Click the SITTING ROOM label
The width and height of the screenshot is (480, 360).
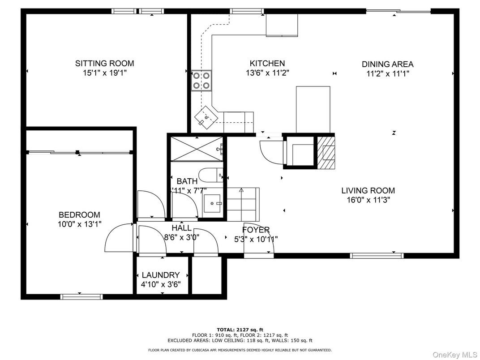(x=104, y=64)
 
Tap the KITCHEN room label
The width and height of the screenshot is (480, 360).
(x=267, y=64)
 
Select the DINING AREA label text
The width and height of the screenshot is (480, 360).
(x=387, y=64)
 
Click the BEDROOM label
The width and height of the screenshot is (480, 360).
(x=79, y=215)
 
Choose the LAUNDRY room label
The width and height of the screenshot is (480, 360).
(x=161, y=275)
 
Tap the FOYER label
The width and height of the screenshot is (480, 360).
(x=256, y=230)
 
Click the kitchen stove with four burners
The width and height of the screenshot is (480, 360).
(x=201, y=81)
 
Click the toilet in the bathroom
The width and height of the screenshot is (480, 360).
(x=210, y=175)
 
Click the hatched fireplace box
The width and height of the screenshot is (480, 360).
(x=326, y=152)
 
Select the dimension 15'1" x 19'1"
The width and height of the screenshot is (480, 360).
(x=104, y=73)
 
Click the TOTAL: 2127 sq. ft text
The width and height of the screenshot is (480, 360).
(x=240, y=330)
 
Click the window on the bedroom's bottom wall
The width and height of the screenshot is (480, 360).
(x=81, y=296)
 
